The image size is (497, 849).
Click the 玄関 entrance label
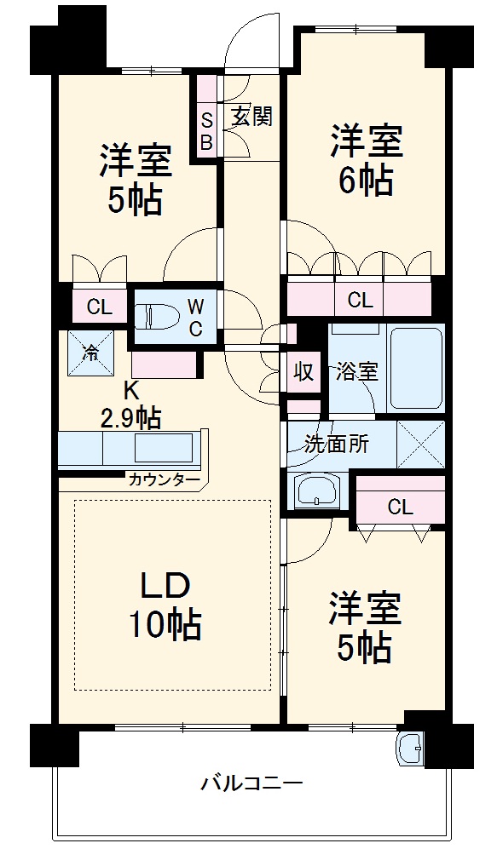pos(252,117)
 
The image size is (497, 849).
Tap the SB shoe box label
pos(205,129)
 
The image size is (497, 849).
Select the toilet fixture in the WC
pos(157,316)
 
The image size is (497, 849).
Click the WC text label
pos(195,317)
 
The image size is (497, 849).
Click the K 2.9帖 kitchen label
pos(130,404)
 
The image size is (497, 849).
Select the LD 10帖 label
pos(165,607)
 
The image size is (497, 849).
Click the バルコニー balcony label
pos(251,782)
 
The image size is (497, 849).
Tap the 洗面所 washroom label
pos(338,445)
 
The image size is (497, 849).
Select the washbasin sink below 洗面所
pos(317,492)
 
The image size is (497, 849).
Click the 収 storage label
pos(303,372)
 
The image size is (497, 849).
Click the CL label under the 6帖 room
pos(360,300)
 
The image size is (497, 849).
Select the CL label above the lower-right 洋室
pos(400,508)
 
